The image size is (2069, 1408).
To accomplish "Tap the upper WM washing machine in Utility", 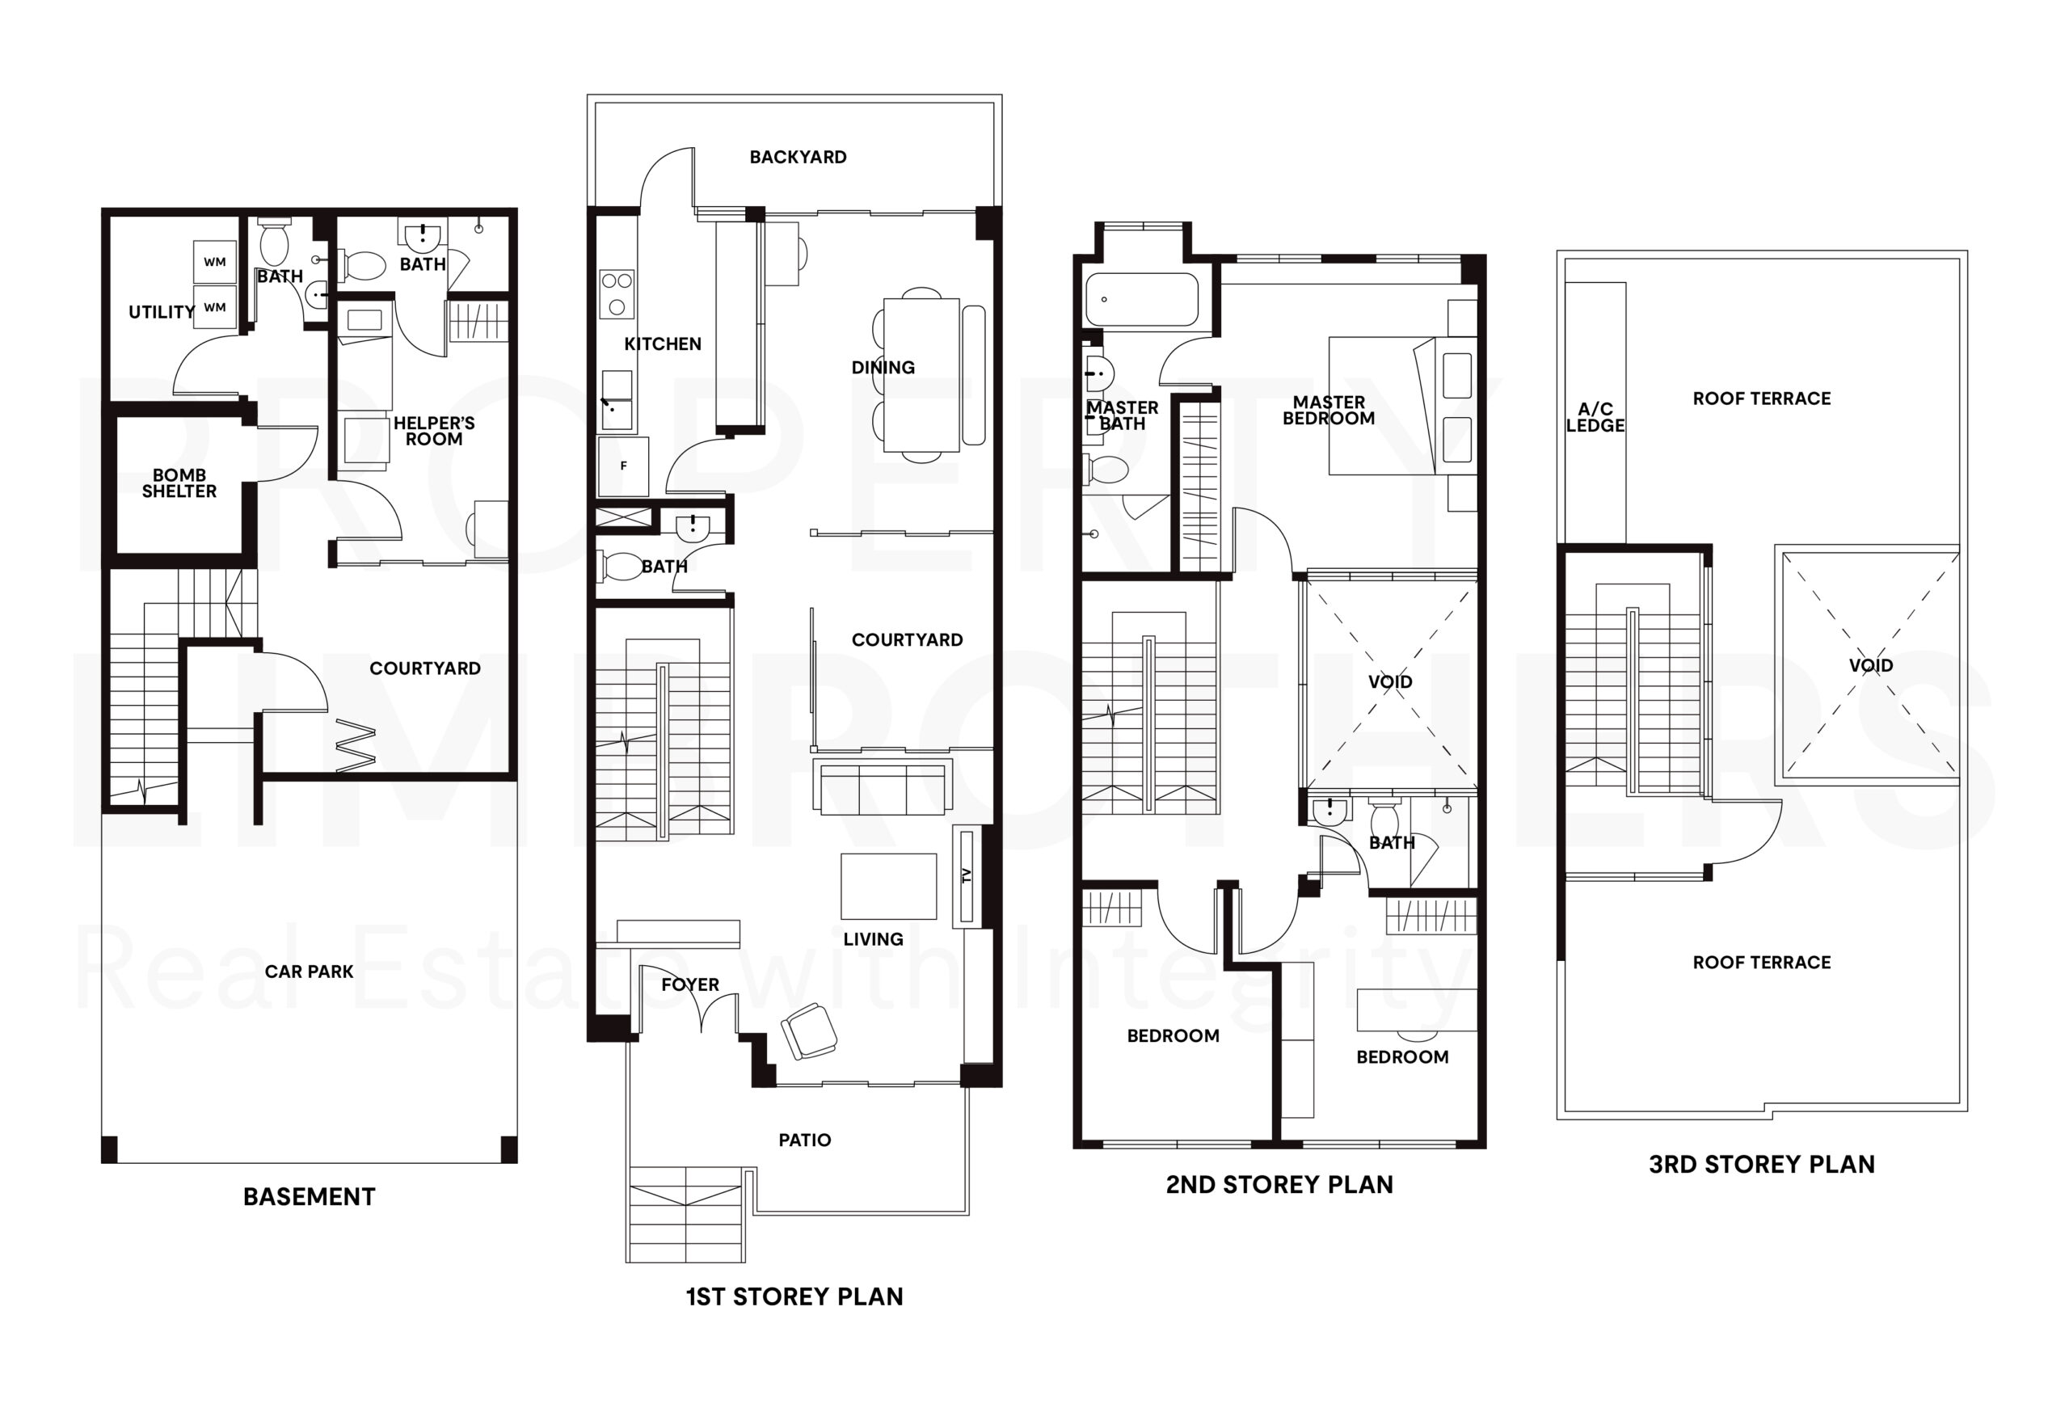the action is tap(214, 262).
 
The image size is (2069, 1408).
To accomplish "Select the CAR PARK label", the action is tap(309, 972).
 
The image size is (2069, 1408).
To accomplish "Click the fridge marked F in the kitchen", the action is tap(623, 466).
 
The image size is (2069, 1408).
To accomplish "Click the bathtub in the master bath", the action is tap(1141, 299).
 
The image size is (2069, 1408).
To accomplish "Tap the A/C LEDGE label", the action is tap(1595, 417).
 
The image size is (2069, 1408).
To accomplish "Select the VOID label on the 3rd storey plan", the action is tap(1870, 665).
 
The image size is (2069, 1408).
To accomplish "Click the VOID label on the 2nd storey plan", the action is tap(1390, 682).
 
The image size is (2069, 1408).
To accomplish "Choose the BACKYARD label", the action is tap(798, 157).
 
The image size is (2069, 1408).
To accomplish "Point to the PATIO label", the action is tap(805, 1140).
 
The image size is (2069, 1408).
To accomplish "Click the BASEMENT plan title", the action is tap(309, 1197).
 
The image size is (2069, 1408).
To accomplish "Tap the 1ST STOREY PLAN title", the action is tap(794, 1296).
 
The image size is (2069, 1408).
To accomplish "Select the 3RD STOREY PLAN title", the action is tap(1762, 1164).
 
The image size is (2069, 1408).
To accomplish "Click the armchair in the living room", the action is tap(808, 1031).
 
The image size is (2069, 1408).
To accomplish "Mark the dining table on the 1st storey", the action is tap(922, 375).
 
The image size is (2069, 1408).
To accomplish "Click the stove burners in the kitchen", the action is tap(616, 294).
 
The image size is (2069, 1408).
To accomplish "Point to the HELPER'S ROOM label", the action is tap(435, 431).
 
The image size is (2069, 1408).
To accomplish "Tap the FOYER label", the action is tap(690, 984).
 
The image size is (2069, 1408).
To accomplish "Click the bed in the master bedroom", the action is tap(1382, 405).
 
